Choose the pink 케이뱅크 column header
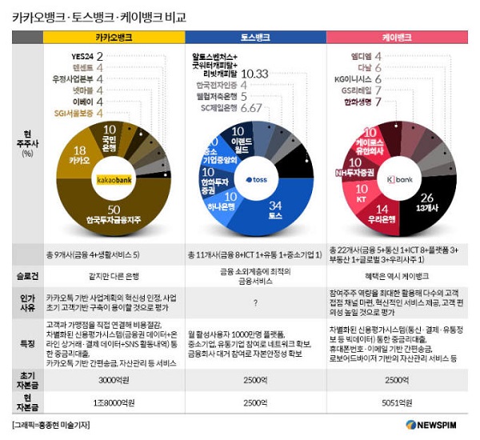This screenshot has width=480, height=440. [x=398, y=38]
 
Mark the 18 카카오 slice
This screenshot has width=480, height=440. [x=79, y=156]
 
